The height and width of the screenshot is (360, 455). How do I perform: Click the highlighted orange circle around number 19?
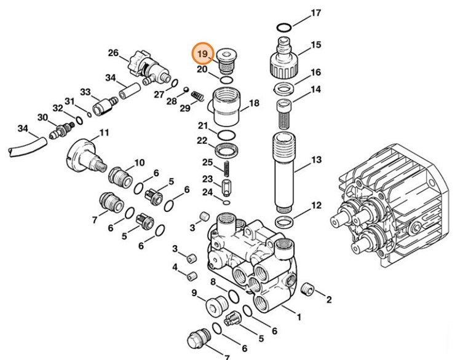point(202,55)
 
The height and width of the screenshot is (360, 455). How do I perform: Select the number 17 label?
point(315,13)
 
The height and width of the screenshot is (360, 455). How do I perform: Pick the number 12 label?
point(315,206)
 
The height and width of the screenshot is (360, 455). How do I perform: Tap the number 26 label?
point(113,53)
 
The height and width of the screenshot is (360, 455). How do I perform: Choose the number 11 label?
point(104,132)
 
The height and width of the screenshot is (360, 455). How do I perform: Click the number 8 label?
point(213,282)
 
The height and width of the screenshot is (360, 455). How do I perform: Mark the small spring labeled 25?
point(226,166)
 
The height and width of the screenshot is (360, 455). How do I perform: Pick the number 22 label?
point(202,141)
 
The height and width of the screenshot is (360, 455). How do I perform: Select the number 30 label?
point(42,117)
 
